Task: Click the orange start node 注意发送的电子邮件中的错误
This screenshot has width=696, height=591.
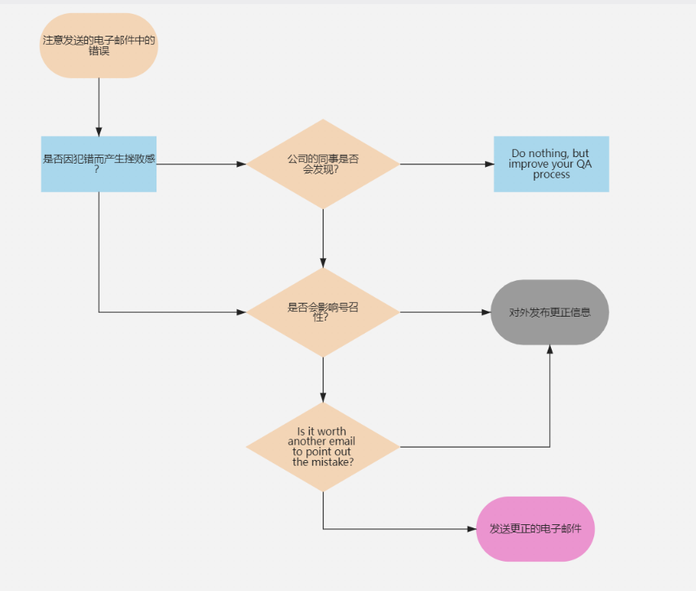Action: coord(99,46)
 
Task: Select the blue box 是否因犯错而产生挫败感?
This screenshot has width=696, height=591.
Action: coord(99,164)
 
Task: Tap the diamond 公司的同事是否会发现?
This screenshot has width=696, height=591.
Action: coord(323,164)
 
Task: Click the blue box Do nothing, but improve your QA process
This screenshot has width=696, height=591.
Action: coord(551,164)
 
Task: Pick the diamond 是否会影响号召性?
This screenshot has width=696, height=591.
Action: coord(323,312)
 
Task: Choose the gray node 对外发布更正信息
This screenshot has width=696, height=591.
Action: coord(550,312)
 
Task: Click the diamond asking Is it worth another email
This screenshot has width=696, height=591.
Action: coord(323,446)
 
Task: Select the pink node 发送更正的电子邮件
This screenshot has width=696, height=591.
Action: coord(535,529)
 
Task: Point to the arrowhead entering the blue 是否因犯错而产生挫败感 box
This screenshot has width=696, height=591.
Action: coord(99,131)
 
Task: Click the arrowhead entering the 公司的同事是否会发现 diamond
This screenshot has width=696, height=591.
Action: coord(241,164)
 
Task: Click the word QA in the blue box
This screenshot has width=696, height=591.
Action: coord(584,164)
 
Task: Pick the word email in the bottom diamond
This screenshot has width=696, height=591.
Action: coord(342,441)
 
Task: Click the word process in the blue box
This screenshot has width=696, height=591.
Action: coord(551,174)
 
